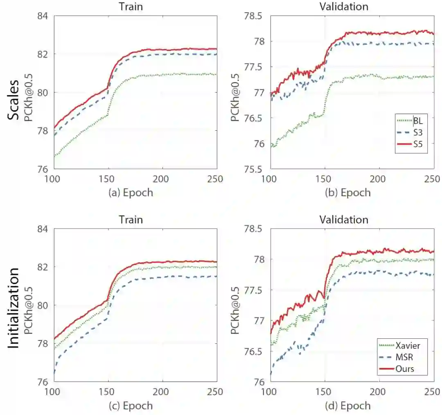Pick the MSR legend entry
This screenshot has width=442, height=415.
(405, 357)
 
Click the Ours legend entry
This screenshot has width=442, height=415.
(405, 369)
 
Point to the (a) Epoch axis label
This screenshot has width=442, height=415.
(131, 193)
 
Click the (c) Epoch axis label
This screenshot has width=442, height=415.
(131, 406)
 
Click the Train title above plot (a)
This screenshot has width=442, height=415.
(131, 7)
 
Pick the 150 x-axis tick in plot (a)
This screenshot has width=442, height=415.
(108, 179)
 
